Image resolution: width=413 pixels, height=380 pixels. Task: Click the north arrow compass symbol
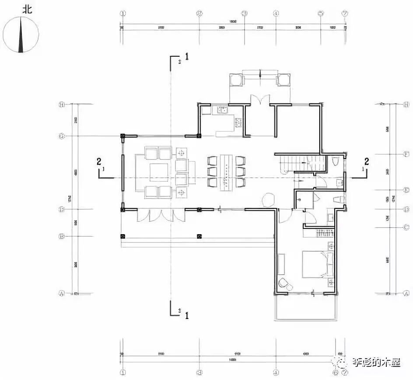coord(21,34)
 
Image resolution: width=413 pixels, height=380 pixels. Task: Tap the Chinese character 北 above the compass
coord(27,9)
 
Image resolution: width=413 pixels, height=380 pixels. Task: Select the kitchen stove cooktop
coord(238,123)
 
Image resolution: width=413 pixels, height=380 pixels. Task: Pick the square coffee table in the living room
coord(158,172)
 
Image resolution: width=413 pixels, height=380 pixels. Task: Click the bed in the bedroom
coord(318,264)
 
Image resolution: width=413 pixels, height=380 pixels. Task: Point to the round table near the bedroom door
coord(268,200)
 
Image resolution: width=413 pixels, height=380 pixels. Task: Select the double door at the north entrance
coord(260,99)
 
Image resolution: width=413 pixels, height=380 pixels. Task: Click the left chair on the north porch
coord(236,79)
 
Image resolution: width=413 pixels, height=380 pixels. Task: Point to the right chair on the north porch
coord(283,79)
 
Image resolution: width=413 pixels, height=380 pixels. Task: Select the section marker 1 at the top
coord(187,56)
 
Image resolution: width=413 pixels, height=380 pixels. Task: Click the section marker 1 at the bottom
coord(187,315)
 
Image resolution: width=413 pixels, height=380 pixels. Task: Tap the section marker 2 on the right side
coord(366,161)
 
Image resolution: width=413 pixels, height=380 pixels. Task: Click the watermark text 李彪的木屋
coord(377,362)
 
